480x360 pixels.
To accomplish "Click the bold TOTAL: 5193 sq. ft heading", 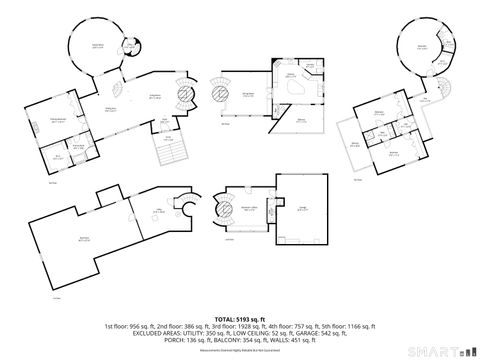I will (x=240, y=318).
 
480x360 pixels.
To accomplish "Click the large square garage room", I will (x=301, y=207).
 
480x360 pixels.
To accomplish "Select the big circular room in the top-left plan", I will (x=97, y=46).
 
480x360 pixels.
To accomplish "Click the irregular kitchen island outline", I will (x=292, y=88).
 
